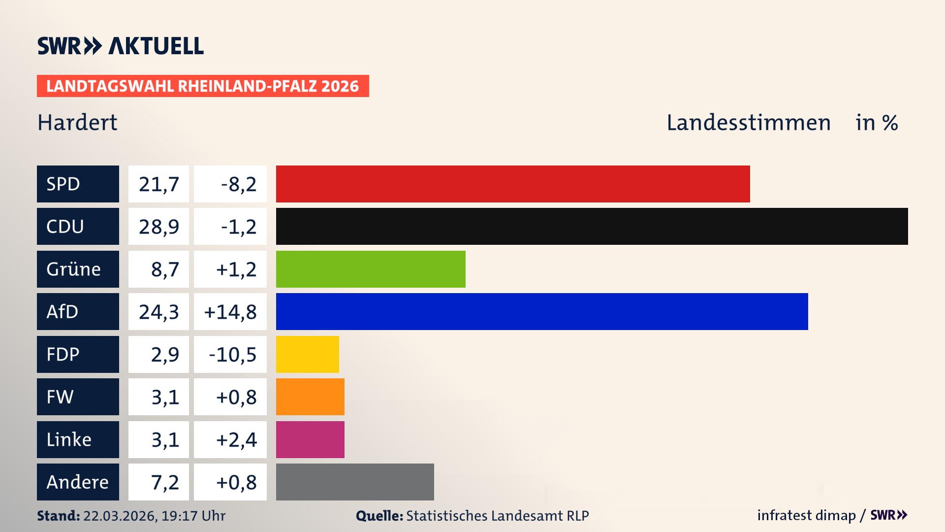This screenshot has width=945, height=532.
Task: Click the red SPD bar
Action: click(x=513, y=184)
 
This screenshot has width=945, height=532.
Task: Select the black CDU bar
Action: click(x=592, y=227)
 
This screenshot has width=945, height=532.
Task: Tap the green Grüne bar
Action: click(x=371, y=269)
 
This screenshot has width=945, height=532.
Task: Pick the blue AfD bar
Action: click(x=542, y=311)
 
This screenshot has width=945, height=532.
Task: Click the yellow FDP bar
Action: click(x=307, y=354)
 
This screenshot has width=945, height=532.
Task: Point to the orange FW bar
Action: click(x=310, y=397)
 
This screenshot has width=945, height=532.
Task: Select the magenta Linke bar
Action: click(x=310, y=439)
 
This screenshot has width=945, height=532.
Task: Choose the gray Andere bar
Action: click(x=355, y=482)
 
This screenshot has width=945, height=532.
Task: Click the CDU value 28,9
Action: click(x=158, y=227)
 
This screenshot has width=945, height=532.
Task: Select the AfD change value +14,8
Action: click(x=230, y=311)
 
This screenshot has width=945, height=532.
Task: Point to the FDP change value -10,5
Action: click(x=232, y=354)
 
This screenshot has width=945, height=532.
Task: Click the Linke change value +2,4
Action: click(x=236, y=439)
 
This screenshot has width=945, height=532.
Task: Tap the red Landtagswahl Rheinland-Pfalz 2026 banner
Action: click(x=203, y=86)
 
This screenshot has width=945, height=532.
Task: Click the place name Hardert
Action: click(x=77, y=122)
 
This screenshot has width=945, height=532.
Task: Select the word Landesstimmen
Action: click(x=748, y=122)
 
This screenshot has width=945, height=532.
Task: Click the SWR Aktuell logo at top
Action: click(x=120, y=46)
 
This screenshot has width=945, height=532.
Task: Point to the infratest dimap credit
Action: click(x=806, y=515)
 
